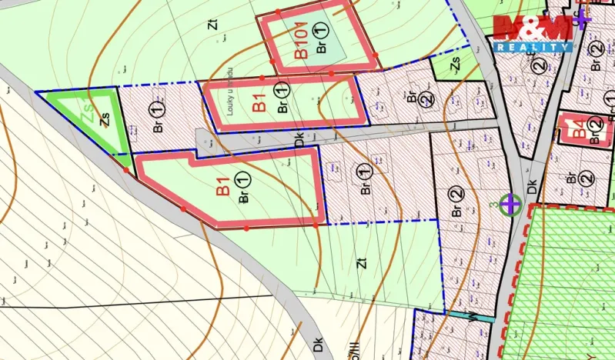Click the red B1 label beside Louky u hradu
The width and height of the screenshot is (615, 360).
[x=259, y=102]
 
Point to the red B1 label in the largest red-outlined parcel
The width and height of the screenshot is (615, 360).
[x=222, y=187]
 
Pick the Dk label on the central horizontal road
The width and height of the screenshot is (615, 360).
[x=299, y=139]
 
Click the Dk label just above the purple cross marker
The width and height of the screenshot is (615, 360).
[x=531, y=187]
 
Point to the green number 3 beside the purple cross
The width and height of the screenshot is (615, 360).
[x=492, y=205]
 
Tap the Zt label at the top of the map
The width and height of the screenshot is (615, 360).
[x=212, y=23]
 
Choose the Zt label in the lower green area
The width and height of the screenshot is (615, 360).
[x=360, y=263]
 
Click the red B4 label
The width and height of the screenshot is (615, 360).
[x=573, y=128]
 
